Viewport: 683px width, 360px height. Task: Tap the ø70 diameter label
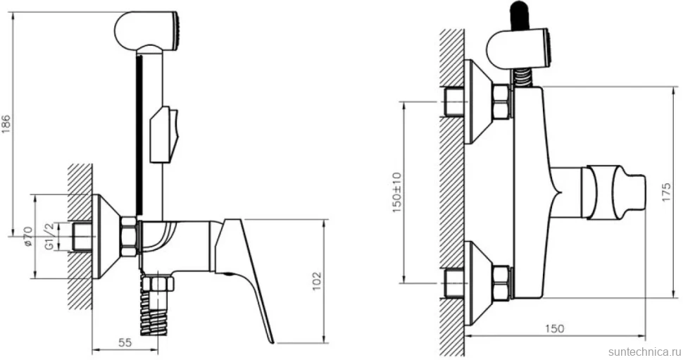point(28,236)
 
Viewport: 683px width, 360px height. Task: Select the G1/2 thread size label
point(50,236)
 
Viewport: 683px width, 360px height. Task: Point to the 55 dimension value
point(125,342)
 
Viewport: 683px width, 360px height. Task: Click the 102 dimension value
point(317,281)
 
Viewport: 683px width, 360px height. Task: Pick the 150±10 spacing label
point(397,192)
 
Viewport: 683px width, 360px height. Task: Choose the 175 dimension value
point(667,192)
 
